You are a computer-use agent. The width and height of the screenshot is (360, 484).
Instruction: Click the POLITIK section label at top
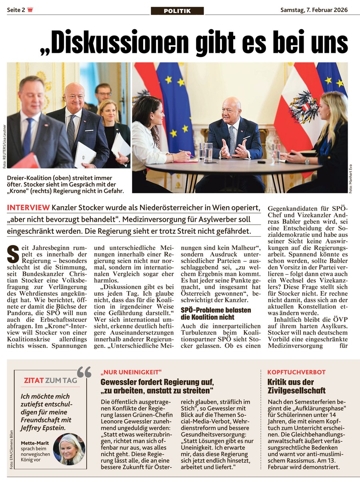[x=177, y=11]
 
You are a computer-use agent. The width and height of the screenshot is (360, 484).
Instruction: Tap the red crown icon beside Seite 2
[x=30, y=10]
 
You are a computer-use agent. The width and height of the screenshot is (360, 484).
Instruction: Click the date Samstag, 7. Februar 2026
[x=314, y=10]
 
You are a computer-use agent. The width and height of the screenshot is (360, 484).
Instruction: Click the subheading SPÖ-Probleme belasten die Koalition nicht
[x=216, y=313]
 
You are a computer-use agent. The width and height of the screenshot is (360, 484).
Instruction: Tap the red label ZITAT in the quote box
[x=34, y=380]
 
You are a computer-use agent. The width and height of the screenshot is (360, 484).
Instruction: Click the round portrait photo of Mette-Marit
[x=69, y=449]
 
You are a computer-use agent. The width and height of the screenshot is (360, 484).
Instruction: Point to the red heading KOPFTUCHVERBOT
[x=296, y=372]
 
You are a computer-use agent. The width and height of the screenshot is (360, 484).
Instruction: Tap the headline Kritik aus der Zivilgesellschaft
[x=296, y=386]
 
